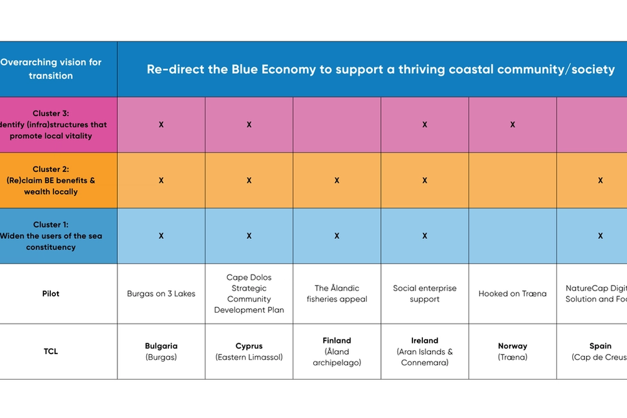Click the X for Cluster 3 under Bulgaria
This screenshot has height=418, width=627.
click(x=161, y=125)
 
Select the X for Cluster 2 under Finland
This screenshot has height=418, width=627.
click(x=337, y=181)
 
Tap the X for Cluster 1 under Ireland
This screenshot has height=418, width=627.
click(x=425, y=236)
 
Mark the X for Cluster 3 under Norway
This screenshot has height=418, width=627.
click(x=513, y=125)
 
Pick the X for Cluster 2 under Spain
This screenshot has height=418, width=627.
click(x=601, y=181)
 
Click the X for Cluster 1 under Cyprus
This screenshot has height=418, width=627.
click(x=249, y=236)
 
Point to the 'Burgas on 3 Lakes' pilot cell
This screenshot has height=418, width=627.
click(x=161, y=294)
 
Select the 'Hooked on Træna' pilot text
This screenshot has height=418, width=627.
click(x=512, y=294)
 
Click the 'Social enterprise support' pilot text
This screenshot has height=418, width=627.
click(x=425, y=294)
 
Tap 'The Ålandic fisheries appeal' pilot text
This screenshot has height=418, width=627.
click(x=337, y=294)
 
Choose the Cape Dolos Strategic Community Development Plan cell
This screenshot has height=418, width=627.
click(x=249, y=294)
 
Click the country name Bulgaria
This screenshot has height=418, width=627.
click(x=161, y=346)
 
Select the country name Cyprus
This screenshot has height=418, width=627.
click(x=249, y=346)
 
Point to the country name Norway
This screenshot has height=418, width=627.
click(x=513, y=346)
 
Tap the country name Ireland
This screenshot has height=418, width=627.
click(x=425, y=341)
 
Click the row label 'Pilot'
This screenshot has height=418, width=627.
click(x=51, y=294)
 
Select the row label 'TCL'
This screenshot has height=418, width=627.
click(x=51, y=351)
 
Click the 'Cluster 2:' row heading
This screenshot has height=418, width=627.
click(x=51, y=169)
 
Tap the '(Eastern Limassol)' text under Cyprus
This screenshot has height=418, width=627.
click(x=249, y=357)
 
